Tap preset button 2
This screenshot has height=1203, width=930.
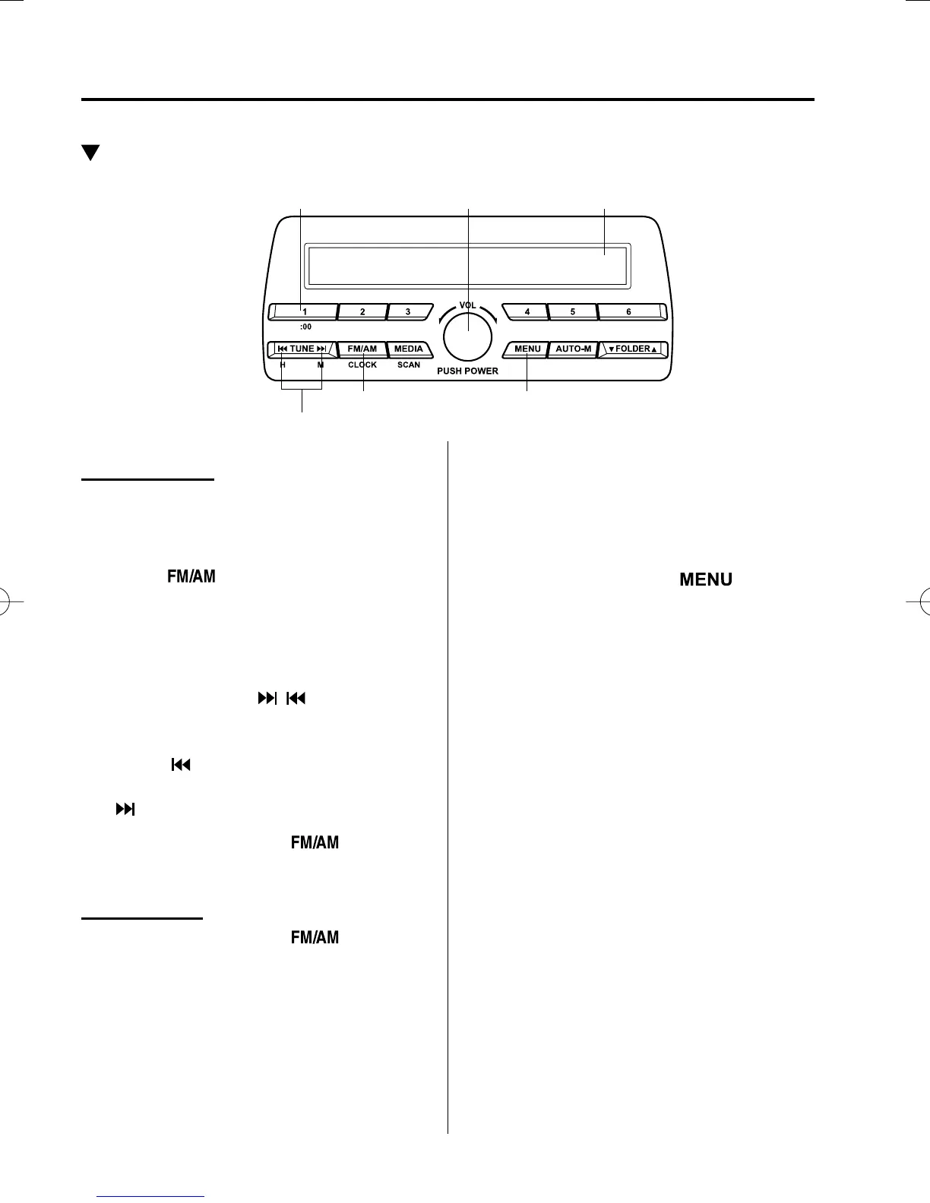362,312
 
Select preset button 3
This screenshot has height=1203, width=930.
408,312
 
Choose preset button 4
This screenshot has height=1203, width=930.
527,312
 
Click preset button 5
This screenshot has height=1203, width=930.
572,312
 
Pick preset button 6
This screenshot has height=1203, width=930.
629,312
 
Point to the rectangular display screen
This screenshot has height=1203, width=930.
467,265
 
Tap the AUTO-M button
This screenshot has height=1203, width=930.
573,349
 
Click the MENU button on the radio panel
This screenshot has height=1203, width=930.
527,349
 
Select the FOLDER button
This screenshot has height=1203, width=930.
633,349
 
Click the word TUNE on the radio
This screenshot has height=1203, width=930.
302,349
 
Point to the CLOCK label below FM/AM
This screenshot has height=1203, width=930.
362,365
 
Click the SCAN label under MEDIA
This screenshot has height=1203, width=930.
409,365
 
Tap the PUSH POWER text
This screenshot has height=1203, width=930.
467,371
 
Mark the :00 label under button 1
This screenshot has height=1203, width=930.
305,327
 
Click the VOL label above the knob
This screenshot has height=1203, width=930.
467,305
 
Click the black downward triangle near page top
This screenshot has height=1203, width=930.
90,153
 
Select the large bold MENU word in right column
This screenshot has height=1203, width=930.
706,580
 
